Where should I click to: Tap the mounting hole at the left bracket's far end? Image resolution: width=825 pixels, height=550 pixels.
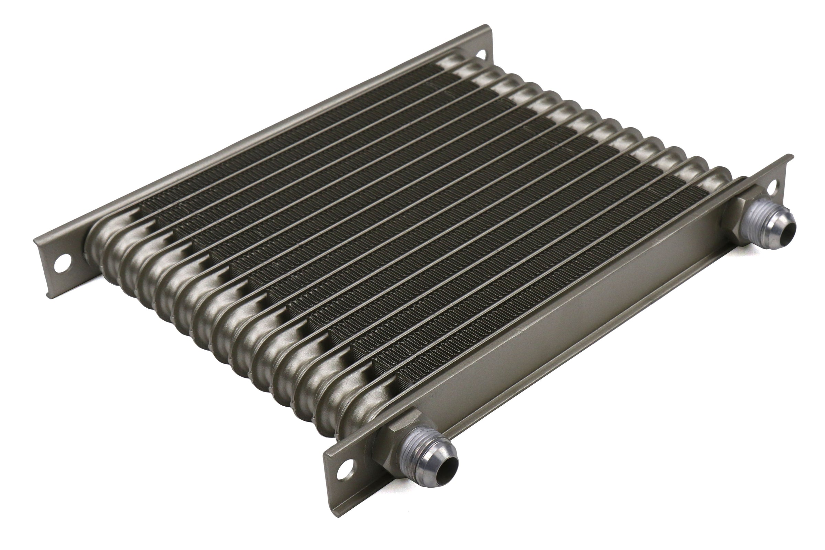click(x=481, y=54)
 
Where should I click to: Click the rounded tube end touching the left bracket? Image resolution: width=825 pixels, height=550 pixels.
click(x=97, y=245)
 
